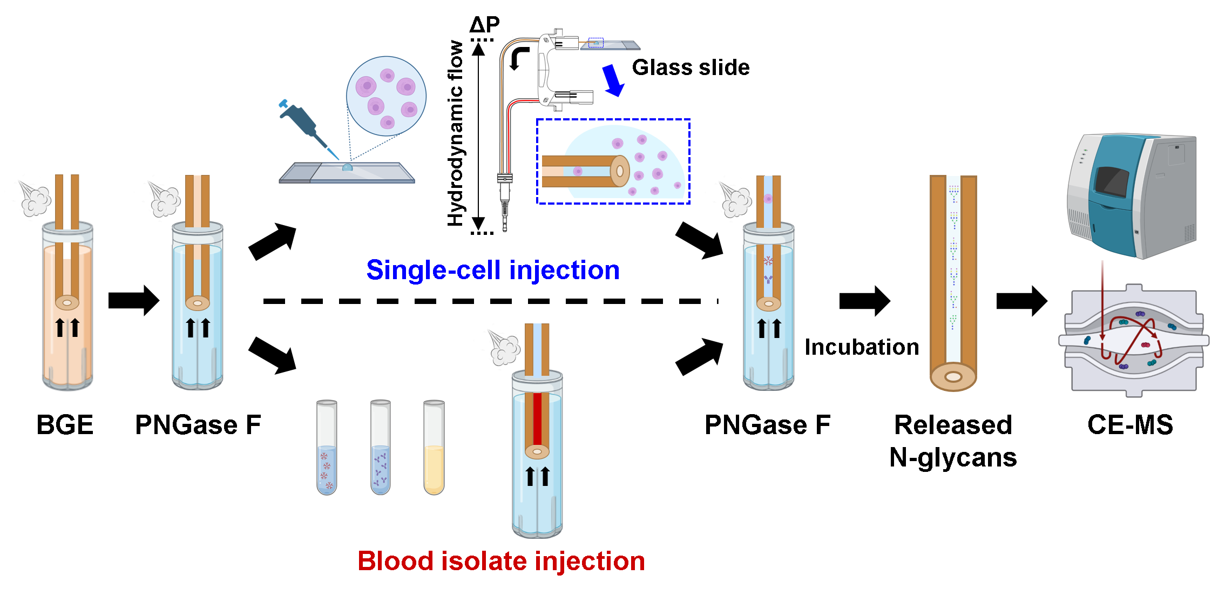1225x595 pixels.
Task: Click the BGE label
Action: (65, 425)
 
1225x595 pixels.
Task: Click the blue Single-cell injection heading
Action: (492, 270)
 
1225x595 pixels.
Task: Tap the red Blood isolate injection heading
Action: (501, 561)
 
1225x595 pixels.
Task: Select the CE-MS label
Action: (1130, 425)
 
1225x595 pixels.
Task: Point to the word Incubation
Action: (862, 347)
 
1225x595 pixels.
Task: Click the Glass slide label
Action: (691, 68)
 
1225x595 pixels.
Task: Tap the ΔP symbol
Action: (484, 24)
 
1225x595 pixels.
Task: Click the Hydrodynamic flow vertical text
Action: (456, 133)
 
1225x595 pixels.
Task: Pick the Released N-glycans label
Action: (953, 441)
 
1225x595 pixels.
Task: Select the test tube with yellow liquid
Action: (434, 448)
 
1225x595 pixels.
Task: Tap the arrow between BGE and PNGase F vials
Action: (133, 300)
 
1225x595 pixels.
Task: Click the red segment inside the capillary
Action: (537, 418)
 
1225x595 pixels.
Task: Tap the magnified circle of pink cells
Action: (386, 96)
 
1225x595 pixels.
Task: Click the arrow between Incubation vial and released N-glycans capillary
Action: (864, 301)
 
